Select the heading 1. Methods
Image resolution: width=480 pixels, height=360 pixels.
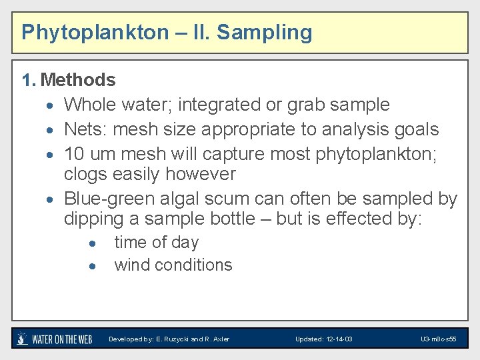coord(69,81)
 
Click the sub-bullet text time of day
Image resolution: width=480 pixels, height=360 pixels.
coord(156,243)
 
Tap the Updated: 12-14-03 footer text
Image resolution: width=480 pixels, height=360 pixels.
coord(324,339)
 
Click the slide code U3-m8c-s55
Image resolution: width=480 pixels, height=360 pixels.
coord(438,339)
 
